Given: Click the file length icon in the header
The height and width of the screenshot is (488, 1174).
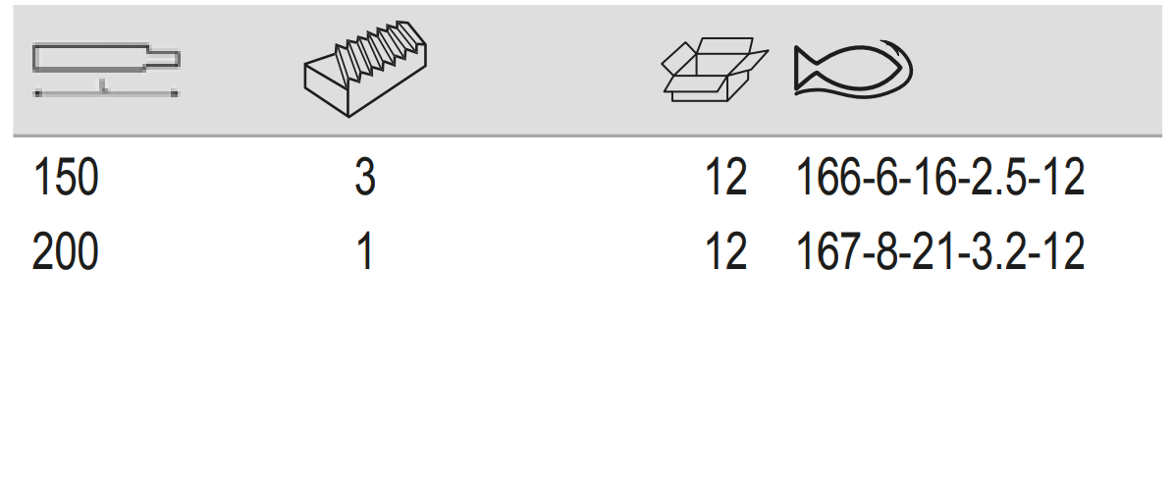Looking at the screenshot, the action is [106, 71].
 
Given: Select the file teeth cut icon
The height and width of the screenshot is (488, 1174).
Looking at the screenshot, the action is [365, 69].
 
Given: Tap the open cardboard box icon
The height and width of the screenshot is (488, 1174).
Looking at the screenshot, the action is [715, 70].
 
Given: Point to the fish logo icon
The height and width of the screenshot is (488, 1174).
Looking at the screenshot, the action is [853, 70].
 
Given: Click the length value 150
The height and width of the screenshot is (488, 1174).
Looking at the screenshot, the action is [66, 178].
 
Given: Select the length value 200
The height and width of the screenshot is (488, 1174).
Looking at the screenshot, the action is [66, 251].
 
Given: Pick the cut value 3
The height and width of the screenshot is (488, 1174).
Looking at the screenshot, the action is [364, 178].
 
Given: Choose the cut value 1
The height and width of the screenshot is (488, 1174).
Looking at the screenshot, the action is [365, 251].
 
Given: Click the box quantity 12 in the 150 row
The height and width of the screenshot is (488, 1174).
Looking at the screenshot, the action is [725, 178].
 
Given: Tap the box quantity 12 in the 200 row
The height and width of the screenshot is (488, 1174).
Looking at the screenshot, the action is [725, 251].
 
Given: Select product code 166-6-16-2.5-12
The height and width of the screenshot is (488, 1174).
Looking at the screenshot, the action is [939, 178].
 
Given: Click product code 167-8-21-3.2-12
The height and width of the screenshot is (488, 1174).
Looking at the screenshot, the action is [939, 251].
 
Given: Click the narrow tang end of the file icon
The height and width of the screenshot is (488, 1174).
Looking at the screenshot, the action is [164, 58].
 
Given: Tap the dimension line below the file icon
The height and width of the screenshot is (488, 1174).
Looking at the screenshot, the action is [106, 93].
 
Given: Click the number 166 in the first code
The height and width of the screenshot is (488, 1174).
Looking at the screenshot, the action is [828, 178].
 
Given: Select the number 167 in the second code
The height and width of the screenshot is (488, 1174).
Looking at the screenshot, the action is [828, 251].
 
